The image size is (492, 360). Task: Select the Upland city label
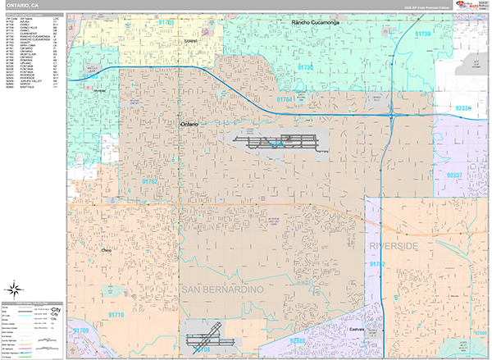191,40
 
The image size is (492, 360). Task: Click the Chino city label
105,249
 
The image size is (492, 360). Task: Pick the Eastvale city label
379,328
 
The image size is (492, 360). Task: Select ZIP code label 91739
423,34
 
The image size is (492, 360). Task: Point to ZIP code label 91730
306,67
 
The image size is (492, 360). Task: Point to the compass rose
15,289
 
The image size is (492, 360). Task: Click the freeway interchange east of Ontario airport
397,116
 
